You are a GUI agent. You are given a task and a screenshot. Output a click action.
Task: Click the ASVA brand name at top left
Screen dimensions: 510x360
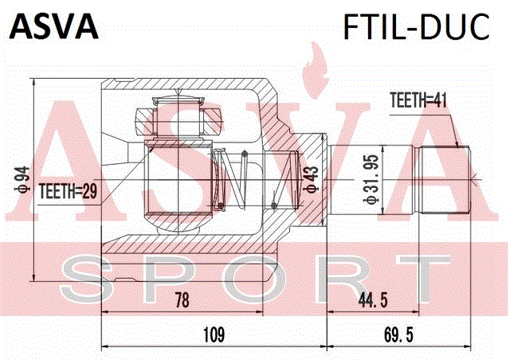click(54, 26)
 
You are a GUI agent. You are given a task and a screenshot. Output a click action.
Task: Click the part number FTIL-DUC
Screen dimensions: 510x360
click(416, 26)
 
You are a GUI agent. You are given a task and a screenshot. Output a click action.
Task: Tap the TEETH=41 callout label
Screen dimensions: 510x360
click(418, 100)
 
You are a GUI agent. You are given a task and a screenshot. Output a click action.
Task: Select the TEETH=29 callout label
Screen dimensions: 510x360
click(68, 191)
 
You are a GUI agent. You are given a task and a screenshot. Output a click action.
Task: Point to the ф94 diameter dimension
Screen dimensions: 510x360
click(24, 180)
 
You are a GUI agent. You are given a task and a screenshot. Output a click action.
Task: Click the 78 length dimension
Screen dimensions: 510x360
click(182, 299)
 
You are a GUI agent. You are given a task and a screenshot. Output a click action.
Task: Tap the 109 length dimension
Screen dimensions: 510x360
click(214, 335)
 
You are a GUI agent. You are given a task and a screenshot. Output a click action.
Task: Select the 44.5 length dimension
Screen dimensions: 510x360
click(373, 299)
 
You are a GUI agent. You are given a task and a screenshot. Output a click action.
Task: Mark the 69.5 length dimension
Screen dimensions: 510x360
click(398, 335)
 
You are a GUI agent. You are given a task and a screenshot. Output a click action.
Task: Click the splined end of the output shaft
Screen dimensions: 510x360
click(445, 179)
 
